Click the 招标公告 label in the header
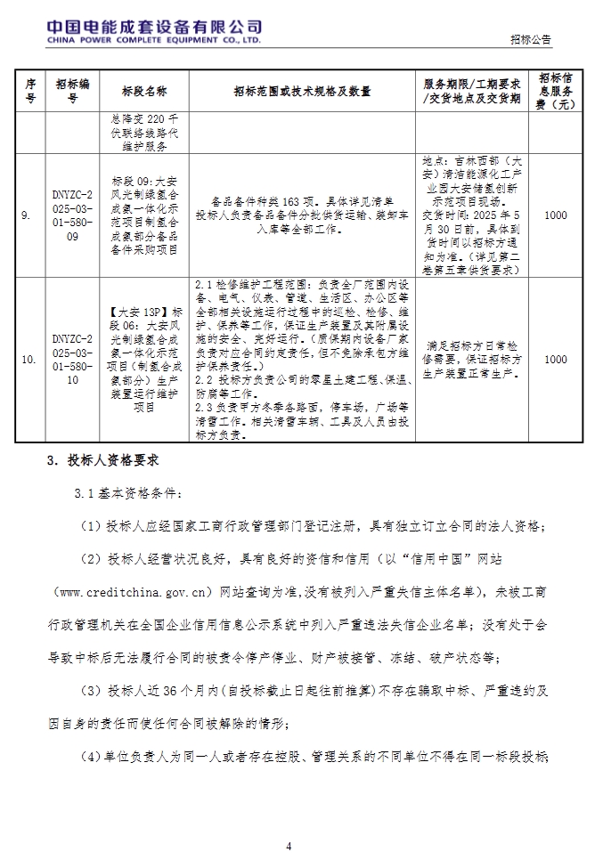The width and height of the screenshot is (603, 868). tap(531, 40)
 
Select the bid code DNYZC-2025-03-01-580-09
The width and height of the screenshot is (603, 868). tap(72, 215)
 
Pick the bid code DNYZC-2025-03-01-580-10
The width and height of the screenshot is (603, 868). tap(72, 360)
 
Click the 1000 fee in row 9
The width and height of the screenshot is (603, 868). tap(555, 215)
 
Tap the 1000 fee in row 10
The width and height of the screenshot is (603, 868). tap(555, 360)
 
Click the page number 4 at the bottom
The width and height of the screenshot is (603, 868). tap(289, 846)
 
